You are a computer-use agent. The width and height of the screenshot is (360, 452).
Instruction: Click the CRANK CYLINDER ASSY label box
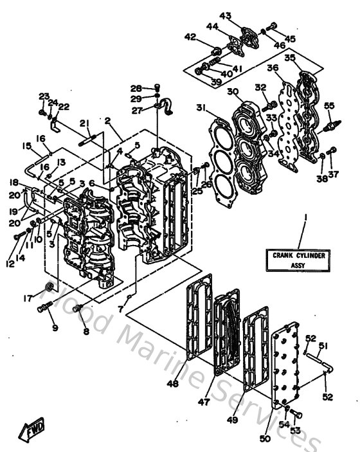(x=298, y=260)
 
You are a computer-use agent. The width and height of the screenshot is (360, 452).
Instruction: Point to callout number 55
(x=328, y=105)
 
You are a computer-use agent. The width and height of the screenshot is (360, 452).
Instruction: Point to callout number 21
(x=84, y=123)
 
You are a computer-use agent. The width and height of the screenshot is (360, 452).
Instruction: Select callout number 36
(x=273, y=68)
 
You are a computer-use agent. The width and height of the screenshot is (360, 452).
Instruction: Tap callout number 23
(x=43, y=96)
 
